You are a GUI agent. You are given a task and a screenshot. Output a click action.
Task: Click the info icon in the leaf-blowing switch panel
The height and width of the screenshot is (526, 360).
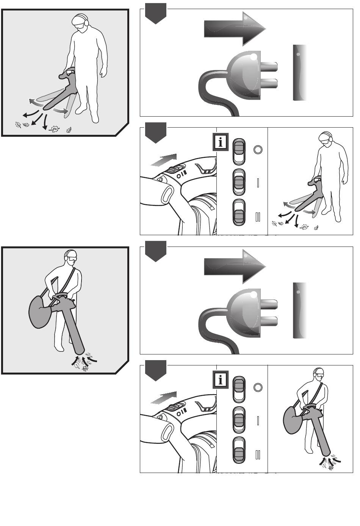click(221, 142)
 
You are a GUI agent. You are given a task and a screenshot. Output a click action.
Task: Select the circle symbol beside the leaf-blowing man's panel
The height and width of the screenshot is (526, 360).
click(258, 149)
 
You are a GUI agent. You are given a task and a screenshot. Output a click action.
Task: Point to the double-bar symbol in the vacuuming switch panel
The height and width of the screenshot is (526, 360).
click(258, 454)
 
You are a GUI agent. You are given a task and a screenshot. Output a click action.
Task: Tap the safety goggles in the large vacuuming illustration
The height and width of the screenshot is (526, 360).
click(72, 259)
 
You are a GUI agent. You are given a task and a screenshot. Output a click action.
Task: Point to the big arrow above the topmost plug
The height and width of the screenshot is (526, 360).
click(235, 29)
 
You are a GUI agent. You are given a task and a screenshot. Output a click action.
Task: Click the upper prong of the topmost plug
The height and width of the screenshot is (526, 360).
click(269, 67)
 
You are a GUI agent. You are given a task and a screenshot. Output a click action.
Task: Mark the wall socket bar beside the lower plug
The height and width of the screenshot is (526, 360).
click(300, 310)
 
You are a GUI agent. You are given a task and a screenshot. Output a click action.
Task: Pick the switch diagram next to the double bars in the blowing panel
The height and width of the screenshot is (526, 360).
click(239, 212)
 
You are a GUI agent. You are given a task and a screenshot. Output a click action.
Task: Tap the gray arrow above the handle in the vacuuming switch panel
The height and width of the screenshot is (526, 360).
click(164, 397)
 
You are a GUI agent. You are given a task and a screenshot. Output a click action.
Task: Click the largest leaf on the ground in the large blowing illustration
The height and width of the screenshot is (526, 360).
click(54, 129)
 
